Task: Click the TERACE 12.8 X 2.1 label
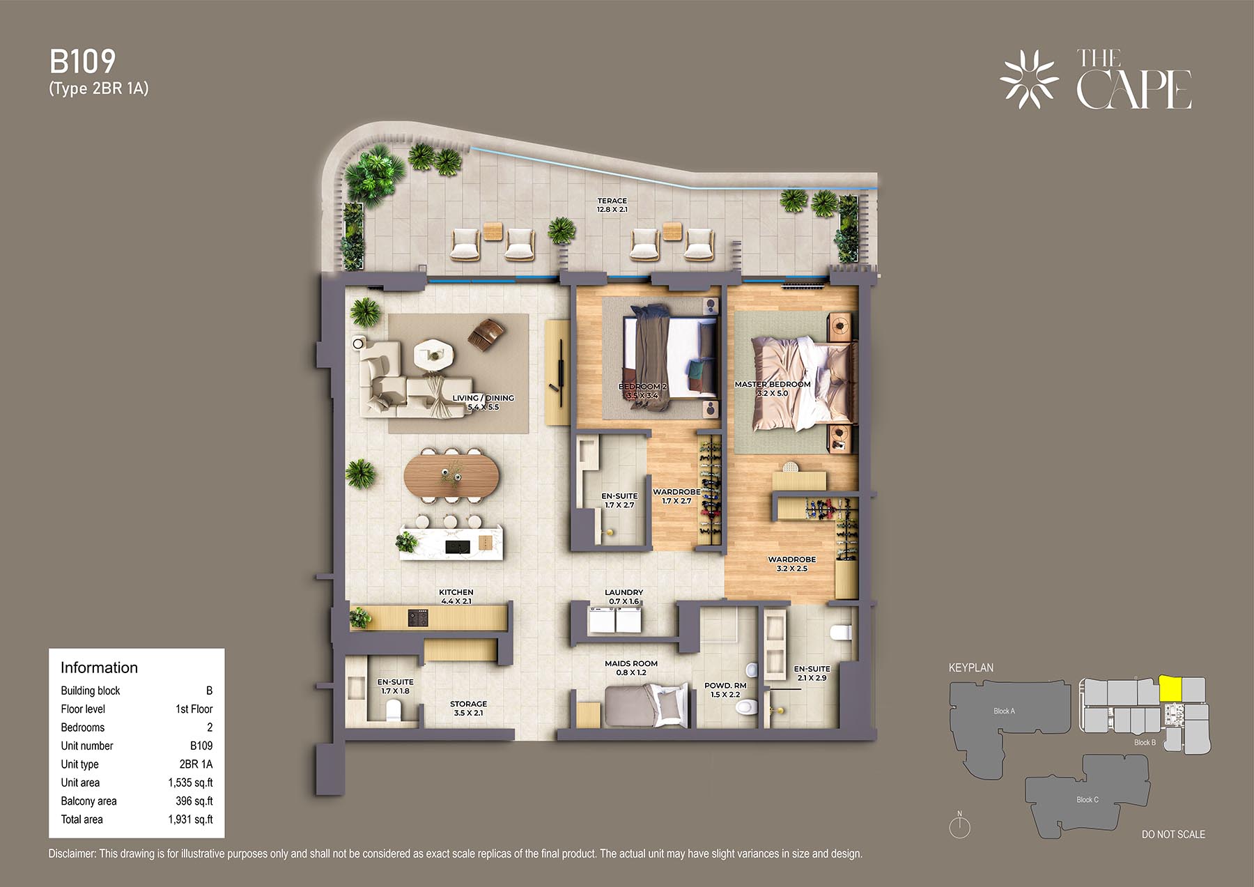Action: [x=612, y=205]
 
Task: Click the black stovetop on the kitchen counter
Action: [x=417, y=617]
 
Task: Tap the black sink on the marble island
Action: [x=457, y=546]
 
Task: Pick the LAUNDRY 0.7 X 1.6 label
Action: [x=624, y=596]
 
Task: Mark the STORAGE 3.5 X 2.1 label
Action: [x=468, y=708]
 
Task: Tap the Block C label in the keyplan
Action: [x=1087, y=799]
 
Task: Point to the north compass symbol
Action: [x=960, y=826]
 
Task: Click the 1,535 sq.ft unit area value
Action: [x=190, y=782]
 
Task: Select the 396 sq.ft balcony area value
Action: [x=194, y=801]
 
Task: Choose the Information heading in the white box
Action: [x=99, y=668]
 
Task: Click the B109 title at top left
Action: [x=82, y=62]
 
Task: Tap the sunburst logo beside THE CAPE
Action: [x=1029, y=79]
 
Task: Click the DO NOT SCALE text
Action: [x=1173, y=834]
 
